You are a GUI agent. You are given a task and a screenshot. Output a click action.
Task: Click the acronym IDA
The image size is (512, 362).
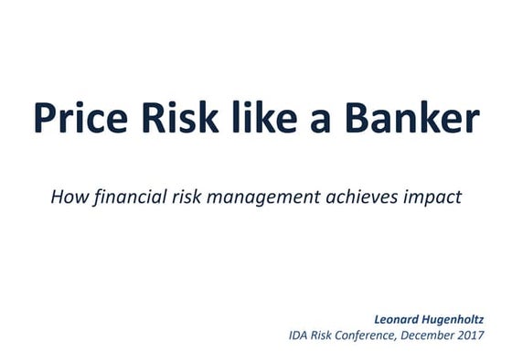tap(300, 335)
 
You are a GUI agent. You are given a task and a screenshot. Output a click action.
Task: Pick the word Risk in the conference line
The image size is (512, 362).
tap(329, 335)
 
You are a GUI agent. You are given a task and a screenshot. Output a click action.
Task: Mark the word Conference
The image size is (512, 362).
tap(379, 335)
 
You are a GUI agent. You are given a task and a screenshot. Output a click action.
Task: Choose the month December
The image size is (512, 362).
tap(443, 335)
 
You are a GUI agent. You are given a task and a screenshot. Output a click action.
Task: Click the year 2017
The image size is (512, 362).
tap(486, 335)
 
